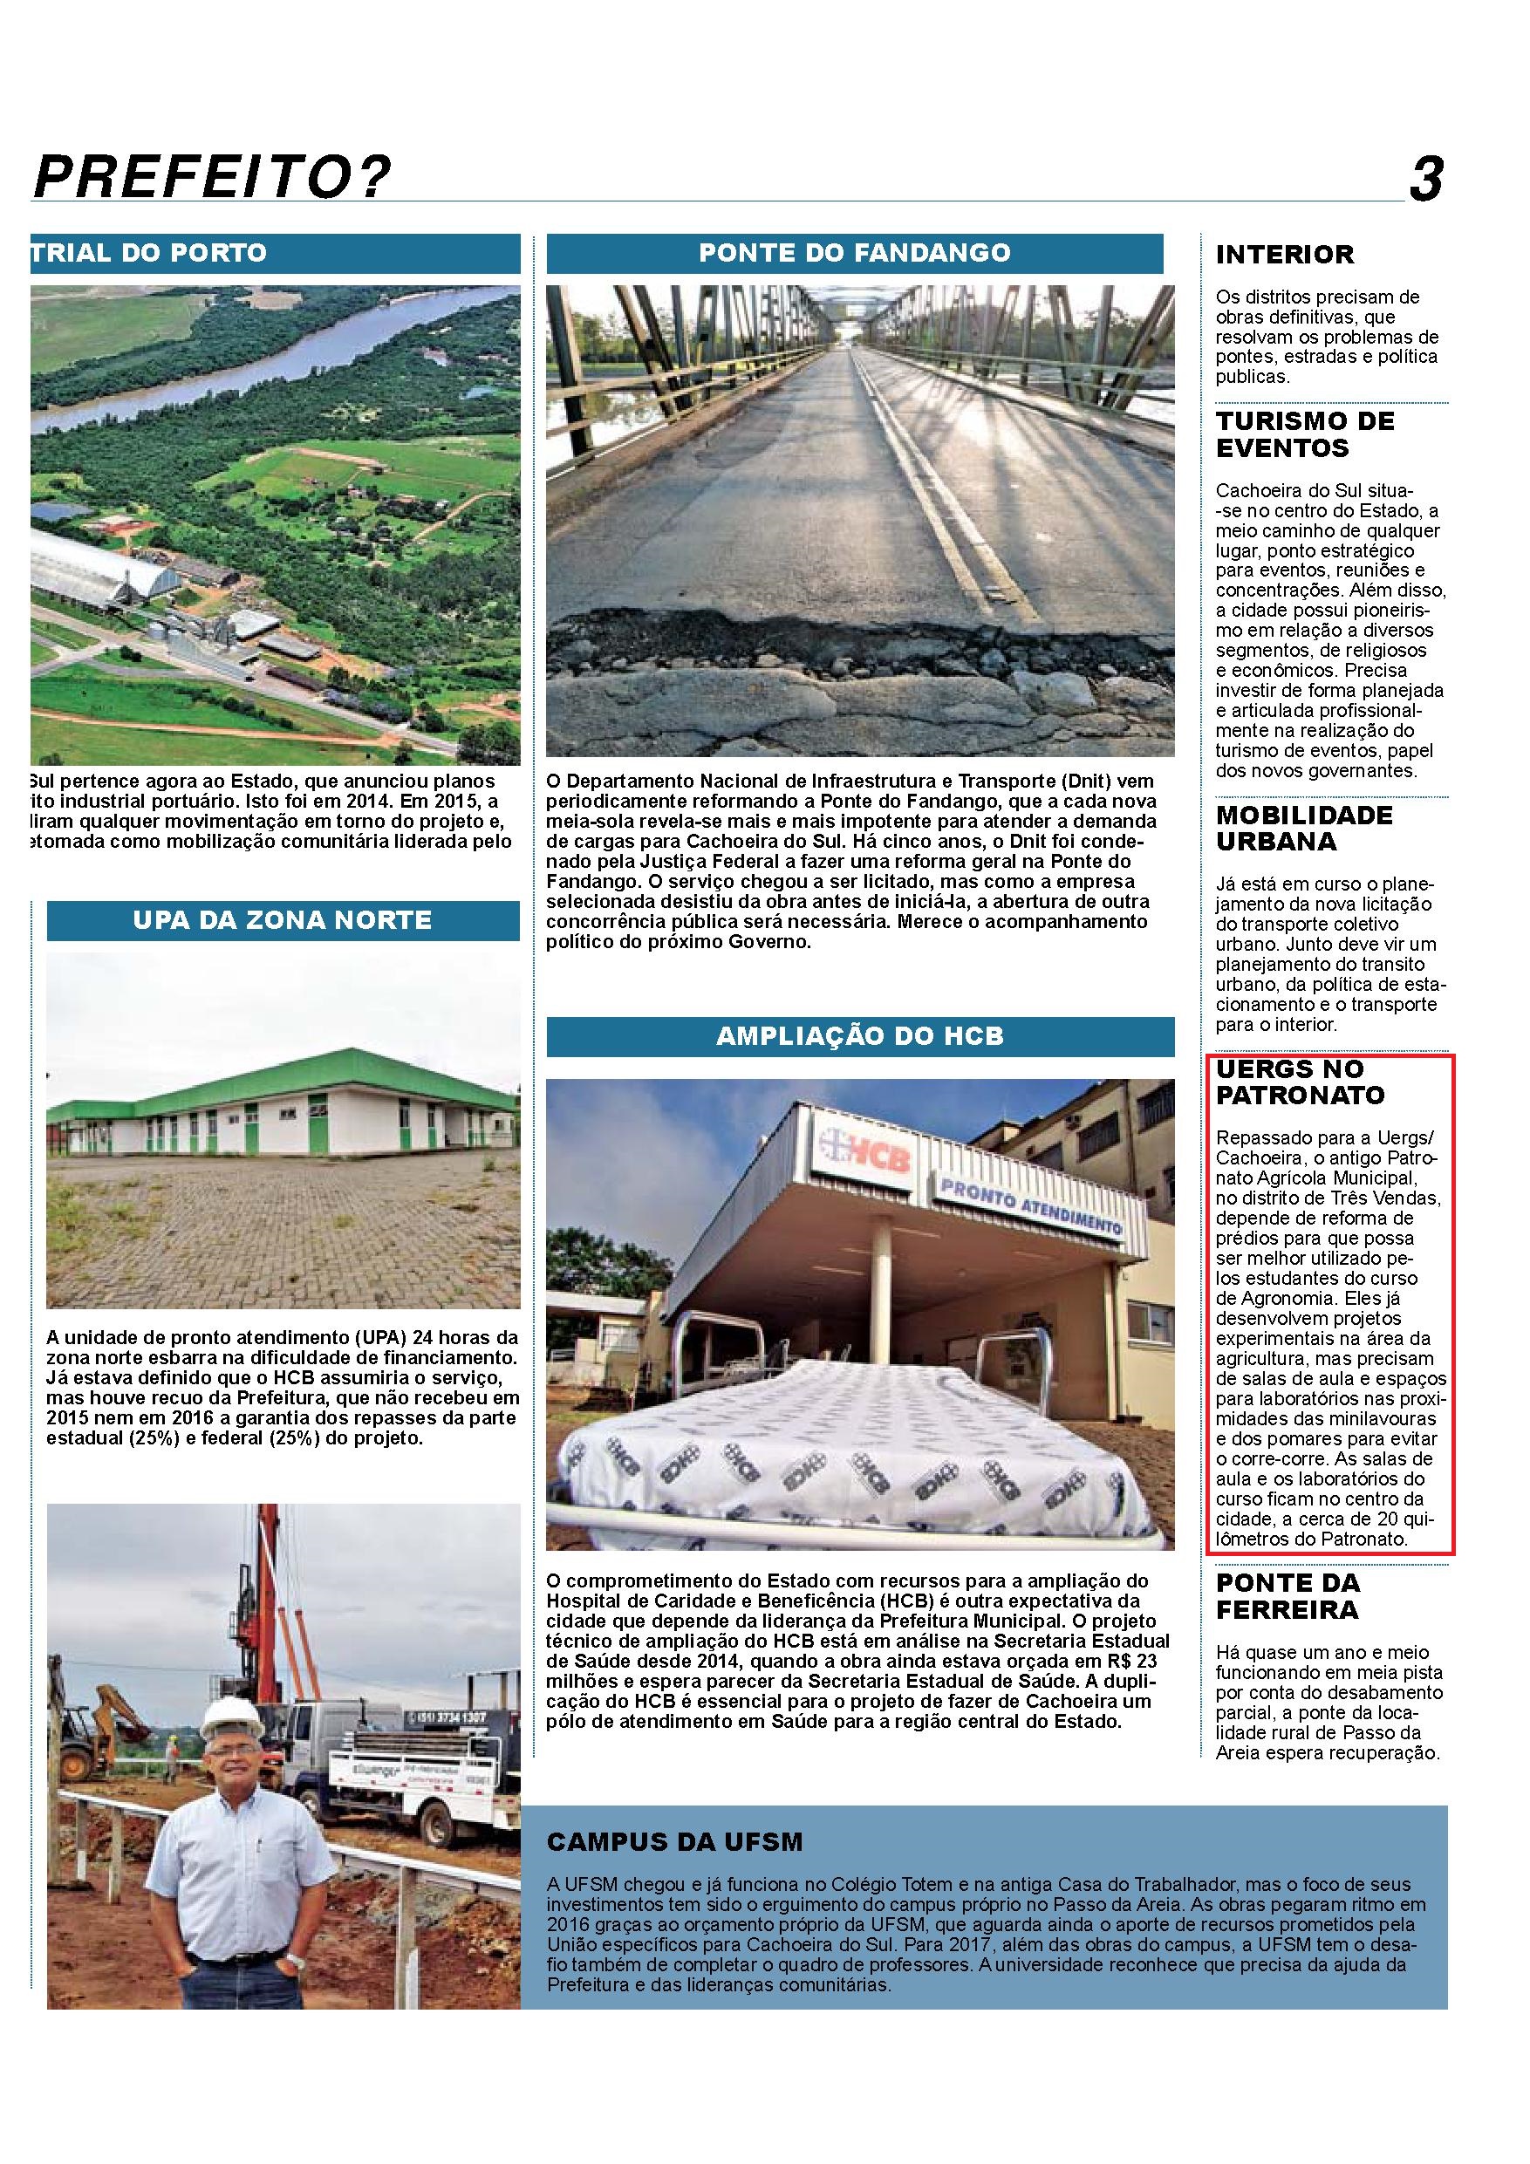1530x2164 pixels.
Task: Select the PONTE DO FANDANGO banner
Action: pos(854,253)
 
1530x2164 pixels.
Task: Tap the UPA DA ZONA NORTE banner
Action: pos(283,920)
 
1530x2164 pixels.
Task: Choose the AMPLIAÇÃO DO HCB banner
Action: pos(860,1037)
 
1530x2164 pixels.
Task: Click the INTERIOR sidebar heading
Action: pos(1284,255)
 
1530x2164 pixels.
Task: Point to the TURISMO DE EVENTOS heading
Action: pos(1305,434)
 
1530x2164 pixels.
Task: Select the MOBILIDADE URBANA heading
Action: pos(1305,828)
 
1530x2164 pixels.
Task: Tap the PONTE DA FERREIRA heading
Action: pos(1288,1595)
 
